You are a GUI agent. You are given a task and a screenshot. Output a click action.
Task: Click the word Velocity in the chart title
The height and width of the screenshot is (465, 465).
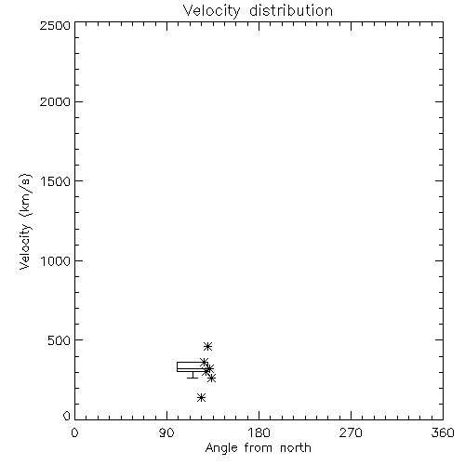(x=211, y=11)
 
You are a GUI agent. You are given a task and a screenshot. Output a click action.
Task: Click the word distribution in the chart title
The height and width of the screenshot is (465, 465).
(x=291, y=10)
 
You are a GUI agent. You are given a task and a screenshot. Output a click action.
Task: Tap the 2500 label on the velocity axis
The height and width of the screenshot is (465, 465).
(x=55, y=25)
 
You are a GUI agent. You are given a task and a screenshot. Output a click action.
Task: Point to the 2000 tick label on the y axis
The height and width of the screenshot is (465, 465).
(x=55, y=101)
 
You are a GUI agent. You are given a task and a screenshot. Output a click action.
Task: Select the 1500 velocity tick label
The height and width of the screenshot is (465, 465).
(x=56, y=181)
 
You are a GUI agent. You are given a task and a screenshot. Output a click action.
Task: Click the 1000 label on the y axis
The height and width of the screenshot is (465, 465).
(x=56, y=260)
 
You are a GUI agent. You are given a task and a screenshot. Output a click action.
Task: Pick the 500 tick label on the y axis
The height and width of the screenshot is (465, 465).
(x=60, y=340)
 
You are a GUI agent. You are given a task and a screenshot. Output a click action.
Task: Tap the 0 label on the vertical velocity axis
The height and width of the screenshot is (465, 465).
(x=67, y=416)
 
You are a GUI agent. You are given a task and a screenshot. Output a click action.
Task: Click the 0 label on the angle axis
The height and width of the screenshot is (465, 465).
(x=74, y=432)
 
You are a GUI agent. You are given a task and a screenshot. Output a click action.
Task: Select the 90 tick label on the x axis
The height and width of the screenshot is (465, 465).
(x=166, y=432)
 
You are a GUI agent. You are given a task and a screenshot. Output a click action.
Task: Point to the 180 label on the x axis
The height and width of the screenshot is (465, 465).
(x=259, y=432)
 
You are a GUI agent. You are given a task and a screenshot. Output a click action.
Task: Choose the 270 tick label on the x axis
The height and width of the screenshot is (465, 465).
(x=351, y=432)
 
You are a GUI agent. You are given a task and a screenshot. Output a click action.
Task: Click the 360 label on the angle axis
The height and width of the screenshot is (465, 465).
(x=443, y=432)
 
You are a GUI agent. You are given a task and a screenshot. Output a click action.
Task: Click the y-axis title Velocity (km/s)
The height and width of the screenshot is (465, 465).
(x=25, y=221)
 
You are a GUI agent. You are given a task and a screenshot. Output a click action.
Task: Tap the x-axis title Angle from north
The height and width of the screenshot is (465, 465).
(x=258, y=448)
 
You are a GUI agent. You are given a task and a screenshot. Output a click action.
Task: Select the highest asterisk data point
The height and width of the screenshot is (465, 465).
(x=207, y=346)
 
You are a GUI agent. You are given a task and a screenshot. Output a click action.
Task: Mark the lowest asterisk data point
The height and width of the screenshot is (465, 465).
(x=201, y=397)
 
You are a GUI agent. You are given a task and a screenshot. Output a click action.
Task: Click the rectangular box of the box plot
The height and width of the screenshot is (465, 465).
(x=177, y=366)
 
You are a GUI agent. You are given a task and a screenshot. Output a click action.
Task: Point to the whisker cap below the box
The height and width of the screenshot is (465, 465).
(x=193, y=378)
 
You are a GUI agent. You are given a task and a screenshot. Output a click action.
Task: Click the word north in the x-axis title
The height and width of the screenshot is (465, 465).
(x=296, y=447)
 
